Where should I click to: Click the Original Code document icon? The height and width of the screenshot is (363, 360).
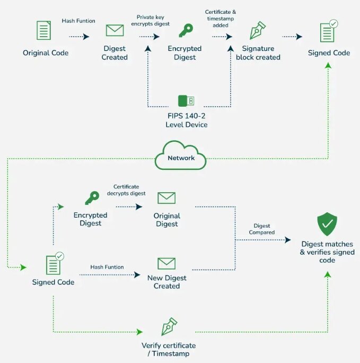pyautogui.click(x=44, y=30)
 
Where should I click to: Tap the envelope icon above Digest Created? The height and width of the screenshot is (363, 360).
pyautogui.click(x=115, y=30)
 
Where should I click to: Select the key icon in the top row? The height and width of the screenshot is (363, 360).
pyautogui.click(x=186, y=31)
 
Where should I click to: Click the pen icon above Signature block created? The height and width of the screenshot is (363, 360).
pyautogui.click(x=258, y=31)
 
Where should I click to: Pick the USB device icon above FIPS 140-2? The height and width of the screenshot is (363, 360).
pyautogui.click(x=186, y=100)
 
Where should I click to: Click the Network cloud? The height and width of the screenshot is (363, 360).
pyautogui.click(x=181, y=157)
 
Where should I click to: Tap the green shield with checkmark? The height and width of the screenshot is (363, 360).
pyautogui.click(x=327, y=225)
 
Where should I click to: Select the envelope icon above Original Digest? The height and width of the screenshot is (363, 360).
pyautogui.click(x=166, y=198)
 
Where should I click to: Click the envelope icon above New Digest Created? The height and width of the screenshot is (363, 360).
pyautogui.click(x=166, y=263)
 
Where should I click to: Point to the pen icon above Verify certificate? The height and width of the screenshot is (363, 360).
pyautogui.click(x=169, y=327)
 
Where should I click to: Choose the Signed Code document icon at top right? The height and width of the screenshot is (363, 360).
pyautogui.click(x=328, y=31)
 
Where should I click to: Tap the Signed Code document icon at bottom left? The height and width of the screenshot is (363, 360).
pyautogui.click(x=54, y=263)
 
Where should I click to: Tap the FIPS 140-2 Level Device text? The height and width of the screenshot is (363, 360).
pyautogui.click(x=186, y=120)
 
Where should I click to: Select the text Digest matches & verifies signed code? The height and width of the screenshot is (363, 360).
pyautogui.click(x=327, y=252)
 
